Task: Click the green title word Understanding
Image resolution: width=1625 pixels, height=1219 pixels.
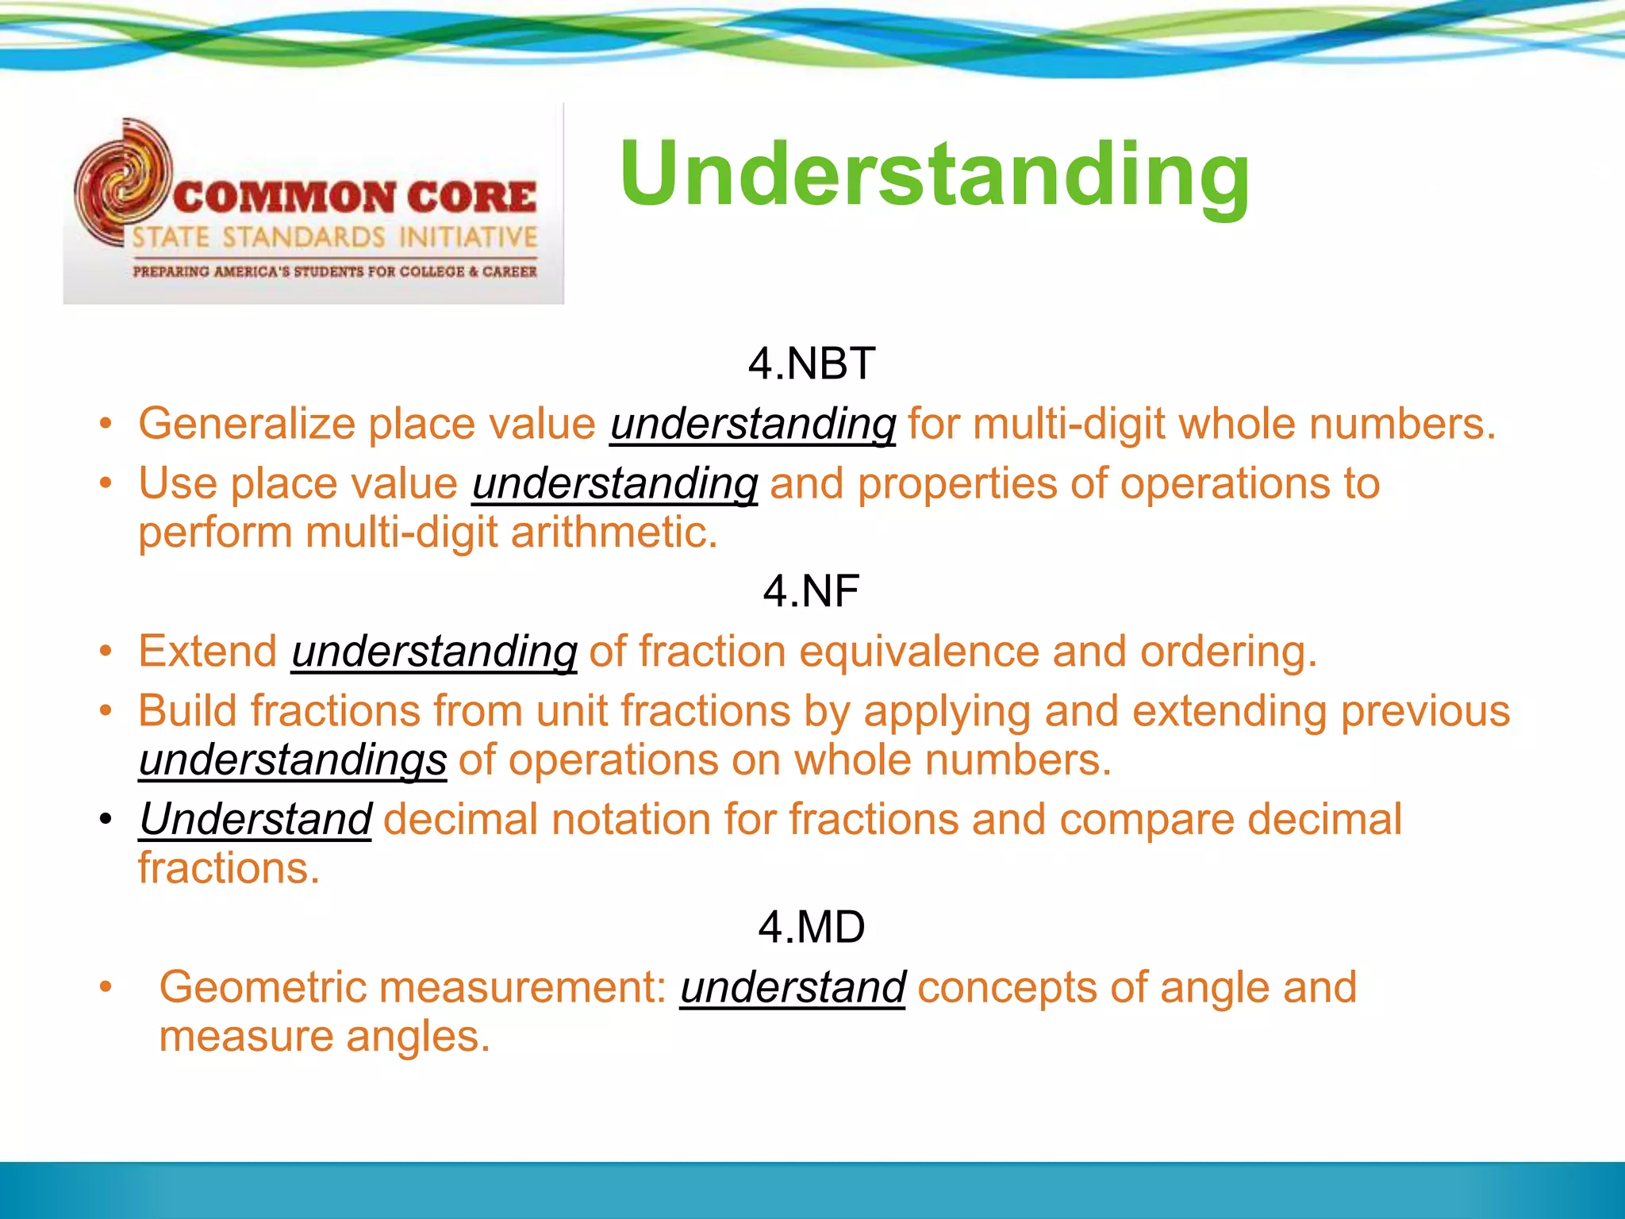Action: pyautogui.click(x=934, y=175)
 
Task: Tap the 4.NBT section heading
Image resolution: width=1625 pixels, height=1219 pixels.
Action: pyautogui.click(x=811, y=363)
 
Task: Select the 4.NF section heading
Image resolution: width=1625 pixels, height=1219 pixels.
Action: pyautogui.click(x=811, y=591)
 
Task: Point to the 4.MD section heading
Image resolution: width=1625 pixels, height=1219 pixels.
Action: pyautogui.click(x=811, y=927)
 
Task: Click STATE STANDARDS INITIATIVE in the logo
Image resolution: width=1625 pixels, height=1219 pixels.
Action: pyautogui.click(x=334, y=237)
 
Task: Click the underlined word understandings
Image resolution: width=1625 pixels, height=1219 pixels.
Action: pyautogui.click(x=293, y=760)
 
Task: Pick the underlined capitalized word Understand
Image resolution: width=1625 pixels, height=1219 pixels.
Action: pyautogui.click(x=255, y=819)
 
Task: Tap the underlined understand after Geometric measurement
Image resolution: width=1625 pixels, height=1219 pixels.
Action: pyautogui.click(x=792, y=988)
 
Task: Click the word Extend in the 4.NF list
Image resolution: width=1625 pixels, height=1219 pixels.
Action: pyautogui.click(x=207, y=652)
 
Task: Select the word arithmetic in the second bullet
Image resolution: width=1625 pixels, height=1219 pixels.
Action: pyautogui.click(x=613, y=533)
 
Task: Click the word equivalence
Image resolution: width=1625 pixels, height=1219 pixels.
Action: pyautogui.click(x=918, y=652)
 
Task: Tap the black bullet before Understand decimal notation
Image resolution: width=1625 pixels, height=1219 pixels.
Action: pyautogui.click(x=106, y=820)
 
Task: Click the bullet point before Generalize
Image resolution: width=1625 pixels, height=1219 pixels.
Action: pyautogui.click(x=106, y=425)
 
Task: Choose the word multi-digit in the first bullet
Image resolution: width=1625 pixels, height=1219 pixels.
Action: pyautogui.click(x=1069, y=424)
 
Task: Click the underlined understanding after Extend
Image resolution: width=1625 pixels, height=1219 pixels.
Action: pyautogui.click(x=434, y=652)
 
